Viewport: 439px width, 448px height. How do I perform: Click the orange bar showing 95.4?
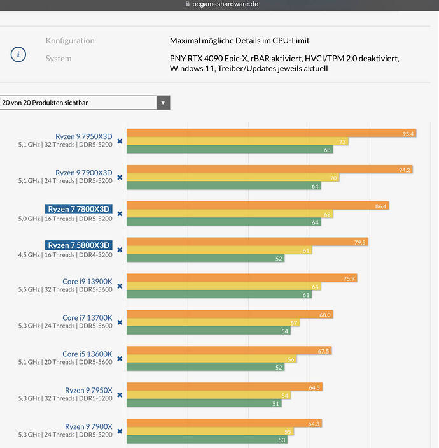tap(272, 133)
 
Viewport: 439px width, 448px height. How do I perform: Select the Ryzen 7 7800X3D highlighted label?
tap(79, 209)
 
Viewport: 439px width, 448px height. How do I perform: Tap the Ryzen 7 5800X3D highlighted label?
tap(79, 245)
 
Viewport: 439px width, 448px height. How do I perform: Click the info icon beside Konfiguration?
tap(18, 54)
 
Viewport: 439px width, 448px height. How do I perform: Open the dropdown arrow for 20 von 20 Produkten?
tap(163, 103)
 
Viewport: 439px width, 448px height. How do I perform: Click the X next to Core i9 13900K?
tap(120, 285)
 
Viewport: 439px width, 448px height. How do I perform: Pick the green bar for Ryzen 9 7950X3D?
tap(230, 150)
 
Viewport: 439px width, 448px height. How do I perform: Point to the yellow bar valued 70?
tap(233, 178)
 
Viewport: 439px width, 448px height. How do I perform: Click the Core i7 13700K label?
tap(87, 317)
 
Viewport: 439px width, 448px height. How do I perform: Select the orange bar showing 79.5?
tap(247, 242)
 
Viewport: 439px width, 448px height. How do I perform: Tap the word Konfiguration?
tap(70, 41)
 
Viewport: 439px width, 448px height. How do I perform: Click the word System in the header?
tap(59, 59)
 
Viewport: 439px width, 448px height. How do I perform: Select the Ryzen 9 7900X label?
tap(88, 426)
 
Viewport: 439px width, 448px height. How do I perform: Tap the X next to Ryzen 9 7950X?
tap(120, 394)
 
